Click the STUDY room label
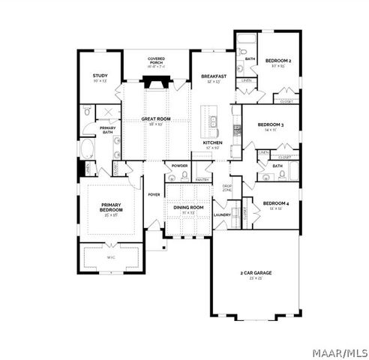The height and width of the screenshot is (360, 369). click(x=100, y=76)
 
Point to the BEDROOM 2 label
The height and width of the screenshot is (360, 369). click(x=280, y=60)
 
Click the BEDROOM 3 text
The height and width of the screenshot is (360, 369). click(x=270, y=124)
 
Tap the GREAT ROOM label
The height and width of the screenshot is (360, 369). click(x=157, y=119)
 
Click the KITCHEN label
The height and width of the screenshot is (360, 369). click(x=213, y=142)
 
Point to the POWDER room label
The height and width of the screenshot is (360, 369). click(x=179, y=165)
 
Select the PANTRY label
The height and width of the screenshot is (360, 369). click(x=202, y=179)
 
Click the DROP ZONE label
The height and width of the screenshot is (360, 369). click(x=226, y=187)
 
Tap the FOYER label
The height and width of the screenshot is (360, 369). click(x=154, y=194)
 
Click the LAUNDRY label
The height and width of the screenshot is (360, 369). click(x=222, y=215)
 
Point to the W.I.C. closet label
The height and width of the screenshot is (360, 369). click(x=111, y=257)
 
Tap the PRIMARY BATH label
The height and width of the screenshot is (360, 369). click(x=108, y=128)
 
